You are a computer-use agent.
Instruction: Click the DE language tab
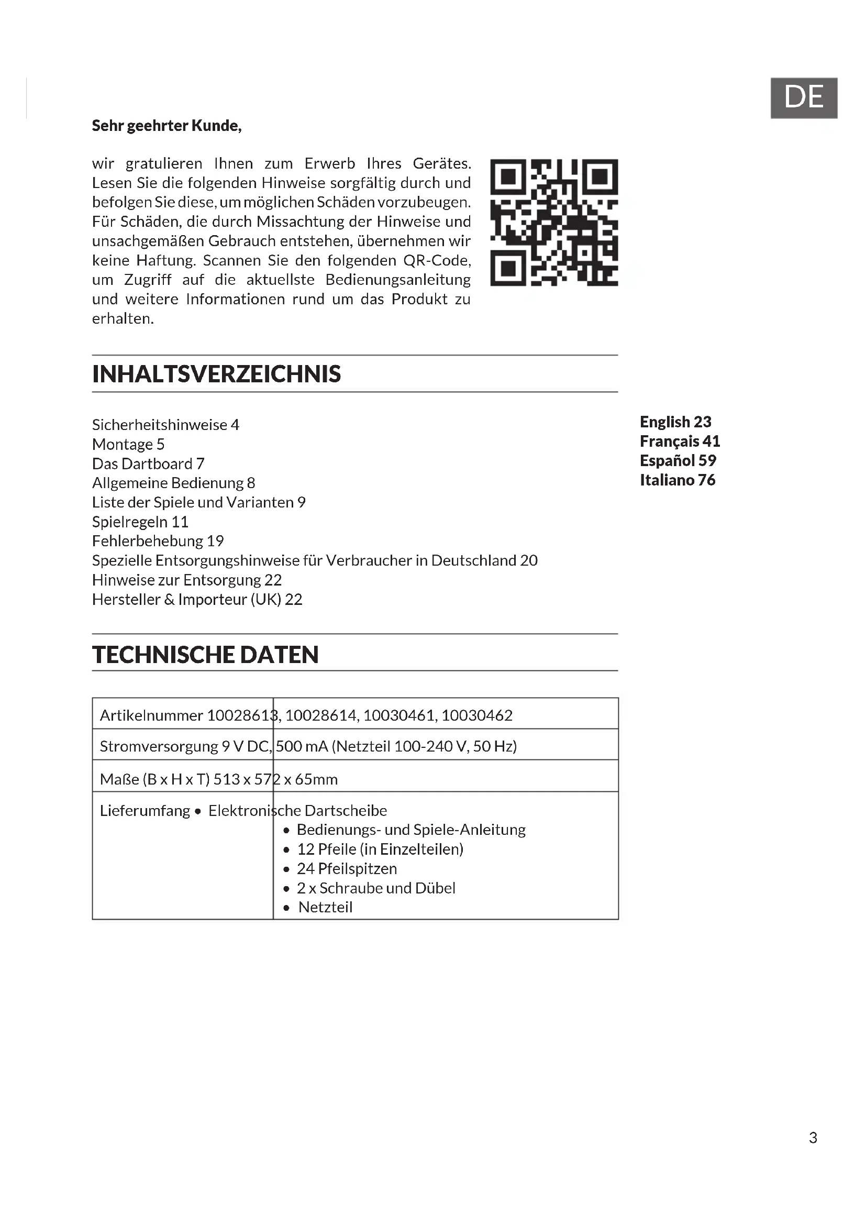pos(804,97)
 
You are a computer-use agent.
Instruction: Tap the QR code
pos(553,222)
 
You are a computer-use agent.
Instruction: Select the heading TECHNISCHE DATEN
pos(205,655)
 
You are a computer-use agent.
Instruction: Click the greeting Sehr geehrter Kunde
pos(166,126)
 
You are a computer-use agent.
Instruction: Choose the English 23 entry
pos(675,422)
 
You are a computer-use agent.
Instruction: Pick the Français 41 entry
pos(680,441)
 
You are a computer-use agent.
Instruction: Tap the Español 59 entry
pos(678,460)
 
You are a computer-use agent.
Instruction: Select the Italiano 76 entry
pos(677,480)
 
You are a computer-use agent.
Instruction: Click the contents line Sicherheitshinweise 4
pos(165,425)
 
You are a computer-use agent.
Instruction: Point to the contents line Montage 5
pos(128,445)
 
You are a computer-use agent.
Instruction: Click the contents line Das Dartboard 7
pos(148,463)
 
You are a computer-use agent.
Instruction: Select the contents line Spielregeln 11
pos(140,522)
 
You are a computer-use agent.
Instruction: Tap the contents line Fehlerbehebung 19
pos(158,541)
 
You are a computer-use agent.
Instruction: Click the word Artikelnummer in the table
pos(151,715)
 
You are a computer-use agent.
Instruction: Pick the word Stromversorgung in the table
pos(158,746)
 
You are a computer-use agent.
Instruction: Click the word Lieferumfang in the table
pos(145,810)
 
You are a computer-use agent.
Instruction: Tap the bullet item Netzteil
pos(325,907)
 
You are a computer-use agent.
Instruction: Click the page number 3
pos(813,1138)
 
